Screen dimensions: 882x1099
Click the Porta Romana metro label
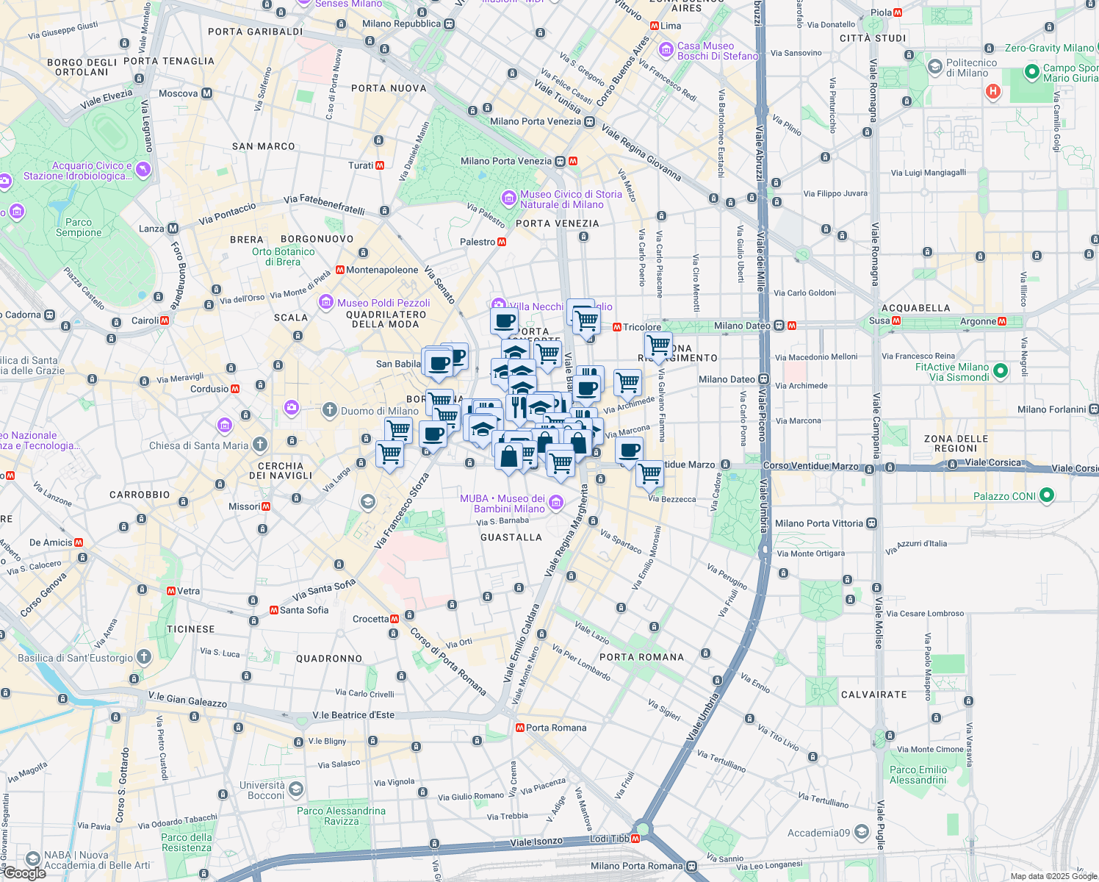[x=556, y=728]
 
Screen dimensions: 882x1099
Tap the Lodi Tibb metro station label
[x=610, y=839]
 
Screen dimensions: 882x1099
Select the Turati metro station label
[x=361, y=165]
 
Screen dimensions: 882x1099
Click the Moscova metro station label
[x=179, y=93]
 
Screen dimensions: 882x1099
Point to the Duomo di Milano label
[x=380, y=411]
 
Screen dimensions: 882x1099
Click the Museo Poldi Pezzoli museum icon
[x=326, y=302]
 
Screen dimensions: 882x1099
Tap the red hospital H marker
[x=993, y=92]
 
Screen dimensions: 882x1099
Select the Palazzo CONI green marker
[x=1047, y=495]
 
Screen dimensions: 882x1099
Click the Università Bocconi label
[x=262, y=790]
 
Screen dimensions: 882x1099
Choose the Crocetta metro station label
[x=371, y=619]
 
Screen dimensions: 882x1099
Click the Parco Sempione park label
[x=79, y=227]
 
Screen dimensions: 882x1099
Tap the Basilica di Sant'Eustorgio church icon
[x=144, y=657]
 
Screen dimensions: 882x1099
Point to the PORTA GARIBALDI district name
[x=255, y=32]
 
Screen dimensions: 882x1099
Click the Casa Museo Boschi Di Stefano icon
[x=666, y=50]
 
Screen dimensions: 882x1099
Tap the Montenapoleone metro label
[x=382, y=270]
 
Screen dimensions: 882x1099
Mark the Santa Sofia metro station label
[x=304, y=610]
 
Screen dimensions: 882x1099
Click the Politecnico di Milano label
[x=971, y=68]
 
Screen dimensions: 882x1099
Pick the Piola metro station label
[x=881, y=12]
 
